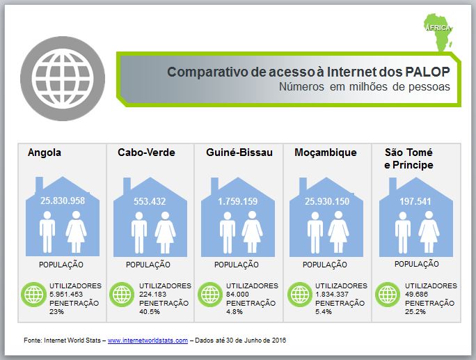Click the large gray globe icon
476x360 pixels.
63,79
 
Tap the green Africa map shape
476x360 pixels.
438,32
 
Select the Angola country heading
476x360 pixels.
45,152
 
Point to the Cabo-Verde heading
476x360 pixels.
146,152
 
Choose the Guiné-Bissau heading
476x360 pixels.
239,152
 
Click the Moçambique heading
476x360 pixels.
326,152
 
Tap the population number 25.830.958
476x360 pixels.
63,201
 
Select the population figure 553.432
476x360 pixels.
150,201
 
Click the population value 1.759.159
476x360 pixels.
238,201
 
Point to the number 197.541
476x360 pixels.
415,201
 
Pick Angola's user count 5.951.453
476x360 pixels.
66,295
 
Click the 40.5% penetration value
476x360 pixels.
150,312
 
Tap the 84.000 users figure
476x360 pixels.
237,295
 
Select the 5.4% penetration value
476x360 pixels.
324,312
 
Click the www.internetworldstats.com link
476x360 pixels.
148,341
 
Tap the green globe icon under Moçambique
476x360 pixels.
300,295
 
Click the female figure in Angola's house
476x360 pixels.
76,231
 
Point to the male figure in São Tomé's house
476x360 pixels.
402,233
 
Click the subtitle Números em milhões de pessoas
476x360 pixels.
364,87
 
